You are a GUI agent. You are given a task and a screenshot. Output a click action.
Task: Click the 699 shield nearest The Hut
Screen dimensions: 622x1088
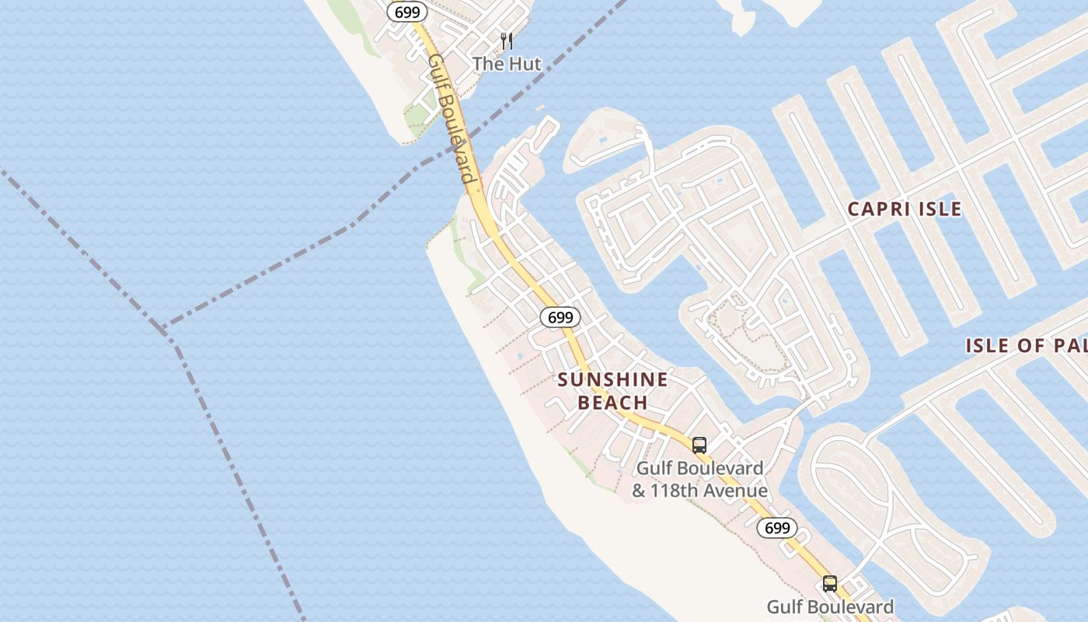click(407, 12)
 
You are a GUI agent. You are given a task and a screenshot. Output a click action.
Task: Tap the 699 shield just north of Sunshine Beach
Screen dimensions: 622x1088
click(560, 317)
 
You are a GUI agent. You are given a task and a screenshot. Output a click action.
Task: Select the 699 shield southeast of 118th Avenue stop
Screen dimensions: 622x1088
click(777, 529)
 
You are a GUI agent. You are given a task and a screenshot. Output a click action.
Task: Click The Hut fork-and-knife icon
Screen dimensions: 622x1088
click(507, 40)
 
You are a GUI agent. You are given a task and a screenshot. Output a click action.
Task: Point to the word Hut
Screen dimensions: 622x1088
click(525, 64)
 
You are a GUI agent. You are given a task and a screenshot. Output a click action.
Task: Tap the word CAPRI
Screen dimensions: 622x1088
click(878, 209)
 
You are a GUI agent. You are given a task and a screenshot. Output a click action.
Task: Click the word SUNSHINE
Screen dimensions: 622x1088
click(612, 379)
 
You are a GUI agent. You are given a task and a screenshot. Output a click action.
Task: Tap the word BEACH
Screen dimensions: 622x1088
click(612, 402)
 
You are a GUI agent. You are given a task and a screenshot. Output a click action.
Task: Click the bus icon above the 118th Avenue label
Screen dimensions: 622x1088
click(699, 445)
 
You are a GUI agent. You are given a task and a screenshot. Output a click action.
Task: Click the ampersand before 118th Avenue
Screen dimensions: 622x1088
click(639, 491)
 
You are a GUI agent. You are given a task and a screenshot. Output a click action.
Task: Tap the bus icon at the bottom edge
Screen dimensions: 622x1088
click(830, 583)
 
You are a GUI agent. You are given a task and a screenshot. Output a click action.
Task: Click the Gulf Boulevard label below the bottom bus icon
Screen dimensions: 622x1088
click(830, 606)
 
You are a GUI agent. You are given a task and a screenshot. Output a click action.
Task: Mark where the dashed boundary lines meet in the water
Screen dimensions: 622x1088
click(165, 330)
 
